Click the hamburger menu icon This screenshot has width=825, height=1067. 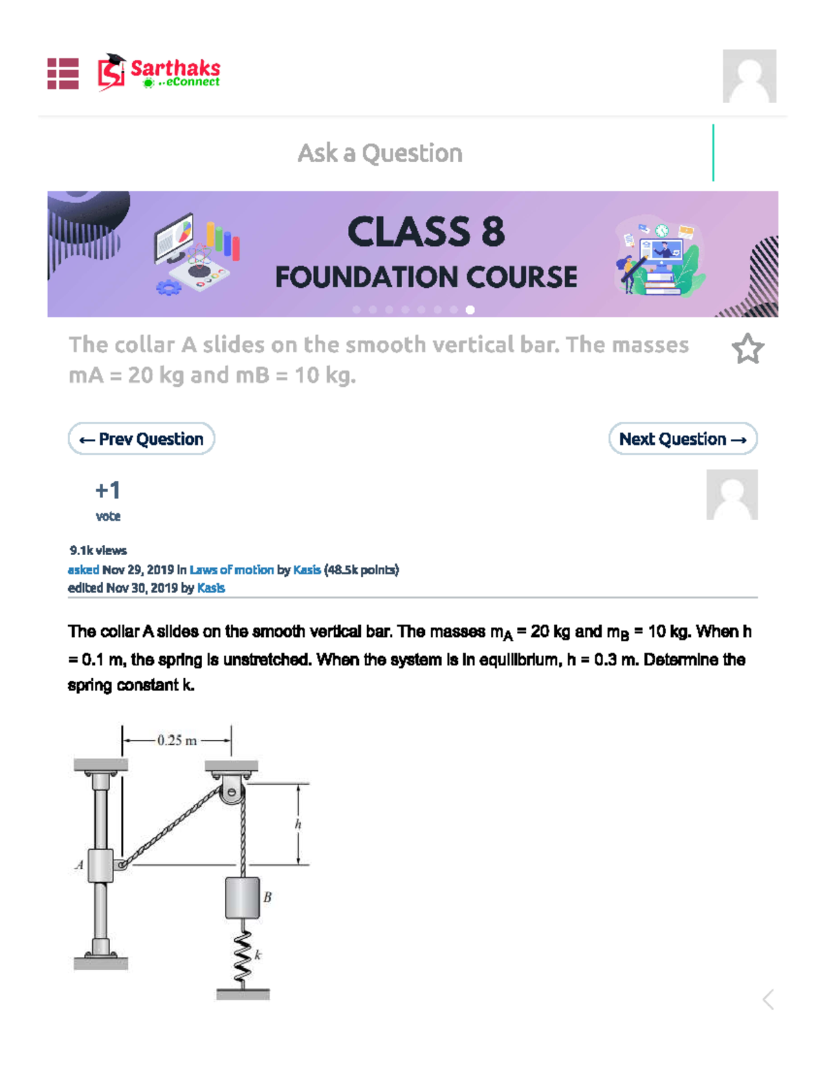63,74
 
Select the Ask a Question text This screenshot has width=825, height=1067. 379,153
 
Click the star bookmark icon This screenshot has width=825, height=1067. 747,349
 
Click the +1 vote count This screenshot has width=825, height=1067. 108,491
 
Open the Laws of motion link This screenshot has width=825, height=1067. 231,570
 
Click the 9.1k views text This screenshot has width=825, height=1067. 98,550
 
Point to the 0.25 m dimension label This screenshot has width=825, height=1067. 177,741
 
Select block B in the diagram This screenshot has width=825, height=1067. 242,897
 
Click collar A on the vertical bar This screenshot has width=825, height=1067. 100,865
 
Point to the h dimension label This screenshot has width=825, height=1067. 298,824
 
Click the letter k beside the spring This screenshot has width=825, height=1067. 258,955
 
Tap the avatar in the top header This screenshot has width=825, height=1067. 749,76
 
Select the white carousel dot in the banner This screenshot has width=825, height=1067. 470,310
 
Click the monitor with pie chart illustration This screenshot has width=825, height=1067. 174,238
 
